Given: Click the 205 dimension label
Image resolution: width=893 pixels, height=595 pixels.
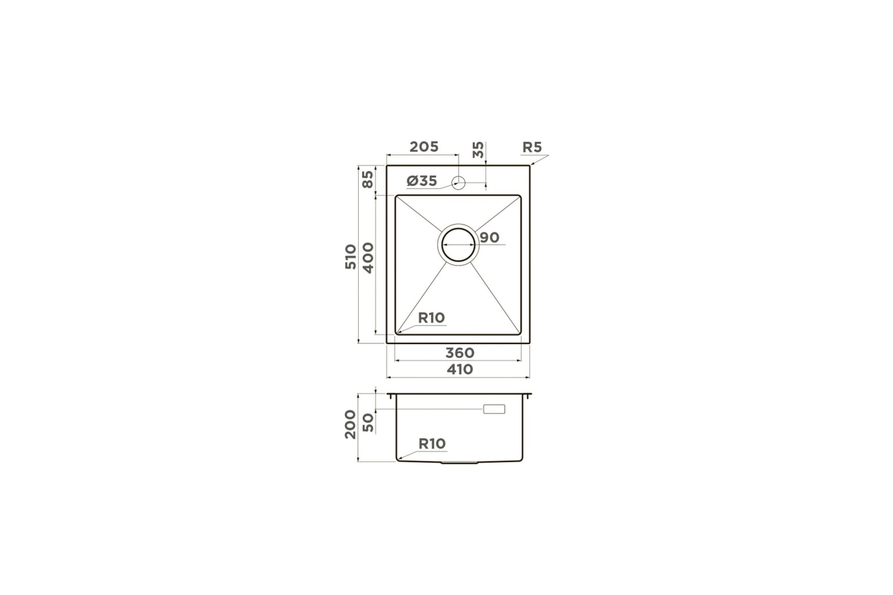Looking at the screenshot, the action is pyautogui.click(x=424, y=147).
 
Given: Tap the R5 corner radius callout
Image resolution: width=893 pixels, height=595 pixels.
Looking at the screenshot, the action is pyautogui.click(x=532, y=147).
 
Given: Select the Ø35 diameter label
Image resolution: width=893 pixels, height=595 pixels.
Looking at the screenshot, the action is pyautogui.click(x=422, y=181).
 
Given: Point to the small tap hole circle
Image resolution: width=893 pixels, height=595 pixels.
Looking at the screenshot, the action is pyautogui.click(x=459, y=183).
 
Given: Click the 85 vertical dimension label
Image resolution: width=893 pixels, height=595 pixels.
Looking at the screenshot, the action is pyautogui.click(x=368, y=179).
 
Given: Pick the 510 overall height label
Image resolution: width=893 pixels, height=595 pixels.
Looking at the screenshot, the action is pyautogui.click(x=351, y=257).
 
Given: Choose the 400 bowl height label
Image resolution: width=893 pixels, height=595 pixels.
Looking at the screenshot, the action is pyautogui.click(x=368, y=258).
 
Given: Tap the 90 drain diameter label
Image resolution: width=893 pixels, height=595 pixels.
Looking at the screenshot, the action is pyautogui.click(x=489, y=238).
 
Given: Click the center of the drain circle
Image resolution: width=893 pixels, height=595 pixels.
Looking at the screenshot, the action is pyautogui.click(x=458, y=245).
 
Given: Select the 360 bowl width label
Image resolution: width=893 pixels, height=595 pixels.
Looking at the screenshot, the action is pyautogui.click(x=460, y=353).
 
